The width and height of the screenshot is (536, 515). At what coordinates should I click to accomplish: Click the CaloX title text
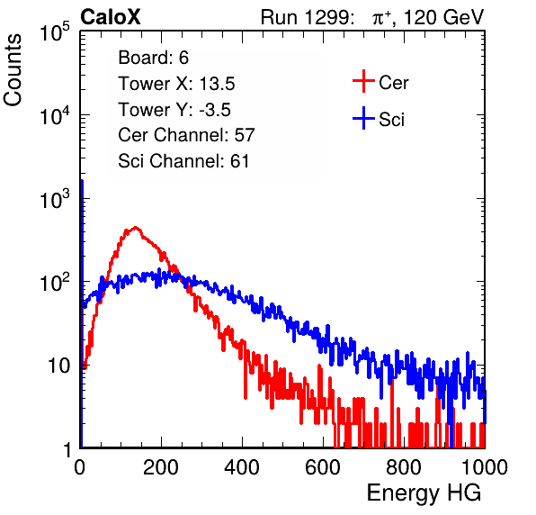point(111,17)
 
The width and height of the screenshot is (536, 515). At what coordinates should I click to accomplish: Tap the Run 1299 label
point(307,17)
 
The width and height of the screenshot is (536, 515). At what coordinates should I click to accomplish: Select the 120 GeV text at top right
point(443,17)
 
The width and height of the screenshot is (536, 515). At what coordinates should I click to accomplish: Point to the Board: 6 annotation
point(153,58)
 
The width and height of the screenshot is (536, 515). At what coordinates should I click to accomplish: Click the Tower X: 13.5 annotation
point(176,84)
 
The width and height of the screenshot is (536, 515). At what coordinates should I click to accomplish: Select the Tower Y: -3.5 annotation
point(174,110)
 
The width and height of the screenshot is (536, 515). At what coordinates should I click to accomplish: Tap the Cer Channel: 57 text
point(186,135)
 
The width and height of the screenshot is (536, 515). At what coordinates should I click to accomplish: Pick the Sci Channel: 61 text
point(183,161)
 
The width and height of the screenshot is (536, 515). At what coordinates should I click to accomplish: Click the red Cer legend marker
point(363,81)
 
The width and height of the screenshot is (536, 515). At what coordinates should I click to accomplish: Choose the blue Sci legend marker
point(363,119)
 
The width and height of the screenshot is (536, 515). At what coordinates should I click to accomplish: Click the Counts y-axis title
point(13,70)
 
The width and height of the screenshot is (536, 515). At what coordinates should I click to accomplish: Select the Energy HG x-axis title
point(424,492)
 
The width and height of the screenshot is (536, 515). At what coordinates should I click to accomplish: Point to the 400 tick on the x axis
point(242,467)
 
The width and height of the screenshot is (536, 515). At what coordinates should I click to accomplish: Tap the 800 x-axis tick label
point(404,467)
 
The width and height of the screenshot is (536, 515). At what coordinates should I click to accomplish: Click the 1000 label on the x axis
point(485,467)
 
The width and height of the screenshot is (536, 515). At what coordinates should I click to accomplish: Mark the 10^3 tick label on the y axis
point(55,198)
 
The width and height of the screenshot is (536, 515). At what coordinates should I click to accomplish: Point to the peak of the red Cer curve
point(136,227)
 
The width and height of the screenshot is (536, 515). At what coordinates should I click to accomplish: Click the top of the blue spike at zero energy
point(82,181)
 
